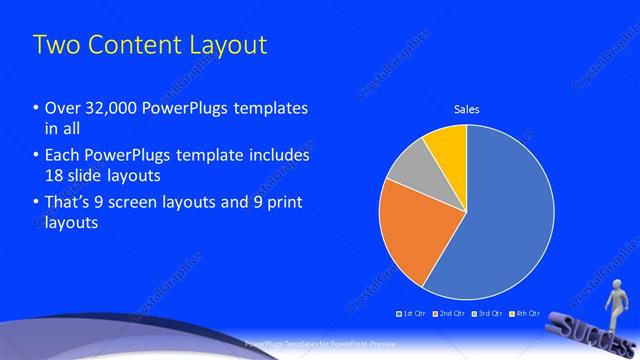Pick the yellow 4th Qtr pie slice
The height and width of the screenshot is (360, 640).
447,148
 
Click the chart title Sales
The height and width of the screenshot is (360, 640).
466,108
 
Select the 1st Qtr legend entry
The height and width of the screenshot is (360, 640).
413,313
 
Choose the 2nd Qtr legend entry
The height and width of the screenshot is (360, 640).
451,313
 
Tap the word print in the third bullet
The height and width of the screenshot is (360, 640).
281,203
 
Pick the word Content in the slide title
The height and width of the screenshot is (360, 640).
124,45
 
